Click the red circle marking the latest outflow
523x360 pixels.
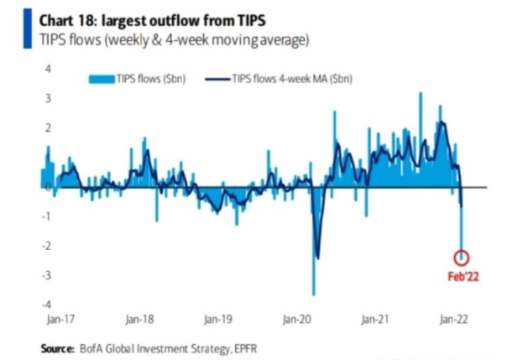point(462,258)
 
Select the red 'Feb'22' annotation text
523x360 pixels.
point(463,274)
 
